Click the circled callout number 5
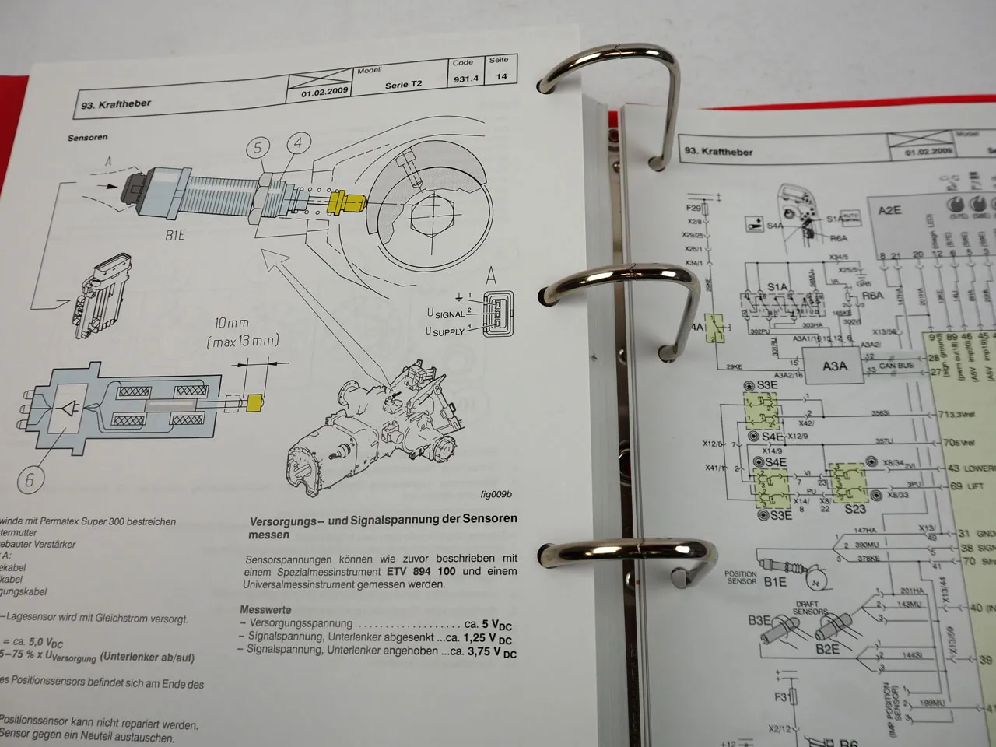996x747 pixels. coord(258,148)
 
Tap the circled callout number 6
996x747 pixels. coord(30,479)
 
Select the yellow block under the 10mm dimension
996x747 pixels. coord(254,402)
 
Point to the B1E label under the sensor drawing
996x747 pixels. coord(174,234)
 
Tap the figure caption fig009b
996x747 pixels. coord(496,494)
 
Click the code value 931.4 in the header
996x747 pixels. coord(465,79)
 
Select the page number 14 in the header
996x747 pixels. coord(501,76)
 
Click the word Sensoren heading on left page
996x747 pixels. coord(87,138)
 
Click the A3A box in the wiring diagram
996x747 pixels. coord(834,365)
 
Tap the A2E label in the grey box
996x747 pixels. coord(889,210)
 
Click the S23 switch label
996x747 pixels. coord(854,509)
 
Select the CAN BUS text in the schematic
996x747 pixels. coord(896,365)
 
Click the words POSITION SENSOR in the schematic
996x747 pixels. coord(741,577)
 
